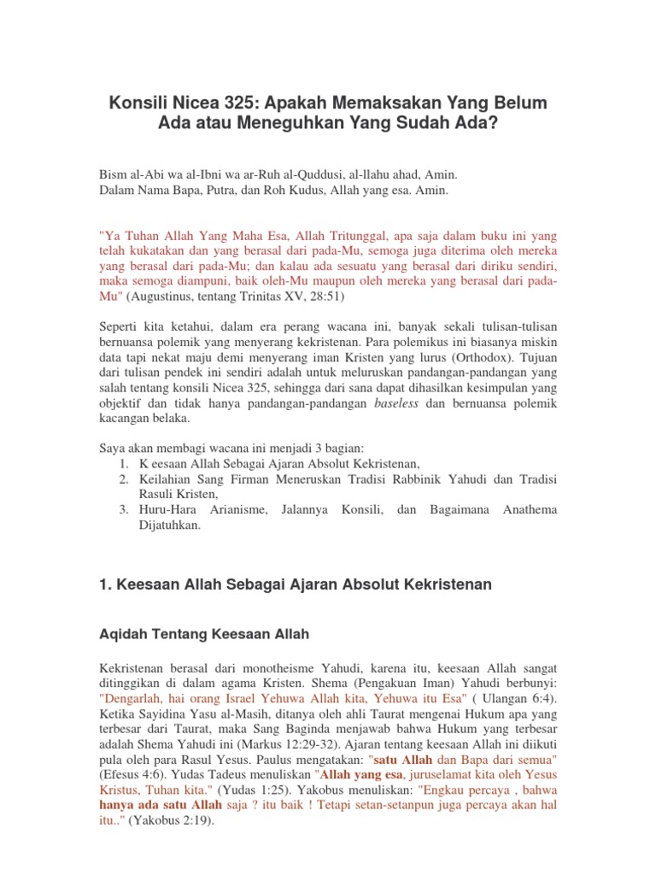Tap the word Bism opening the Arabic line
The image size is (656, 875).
pos(114,173)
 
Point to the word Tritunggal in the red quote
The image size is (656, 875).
pos(333,233)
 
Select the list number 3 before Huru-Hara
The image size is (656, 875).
pos(123,509)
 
